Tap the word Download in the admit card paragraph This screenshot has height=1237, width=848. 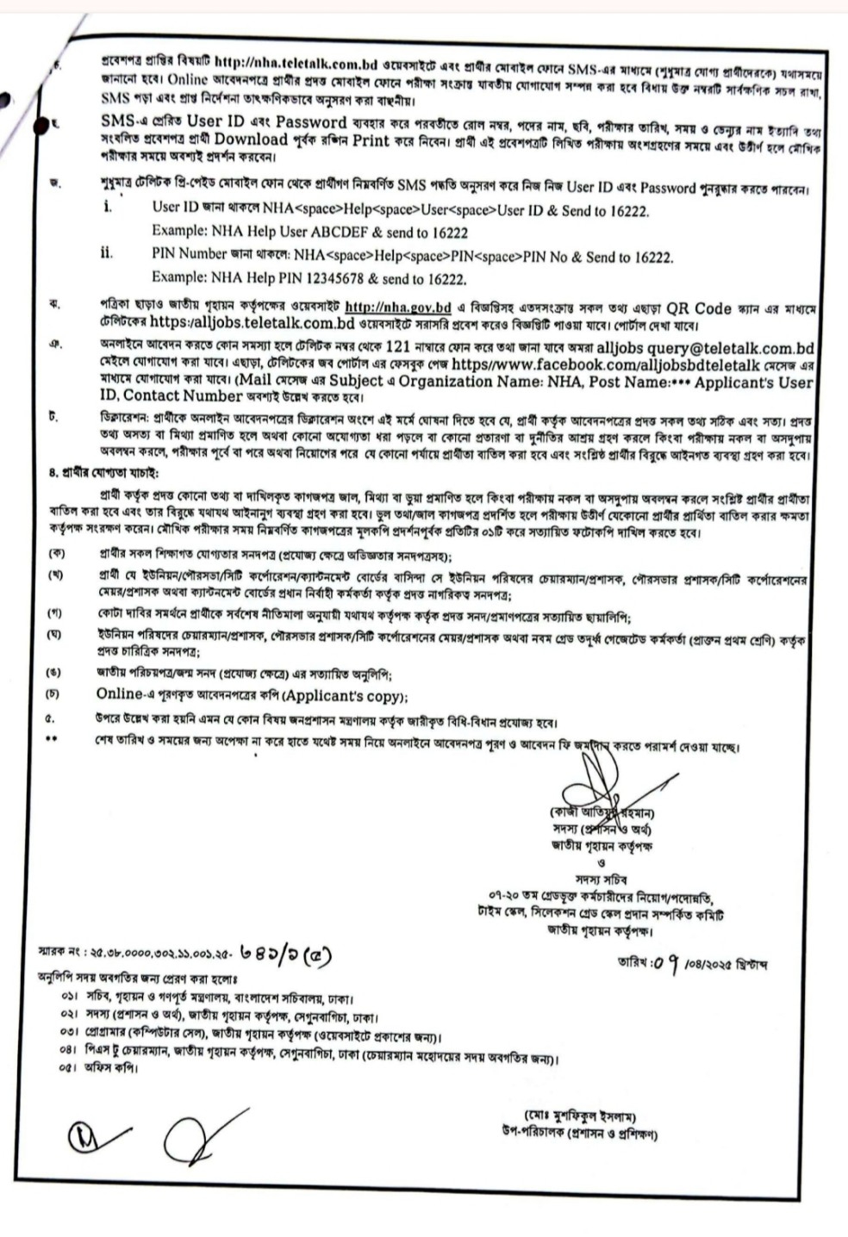251,140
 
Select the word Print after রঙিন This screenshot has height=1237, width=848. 371,140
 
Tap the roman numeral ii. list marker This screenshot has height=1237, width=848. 106,256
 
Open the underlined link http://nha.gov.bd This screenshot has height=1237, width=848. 398,308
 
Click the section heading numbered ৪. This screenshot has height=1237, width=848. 103,472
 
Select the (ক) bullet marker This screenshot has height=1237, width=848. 56,556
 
